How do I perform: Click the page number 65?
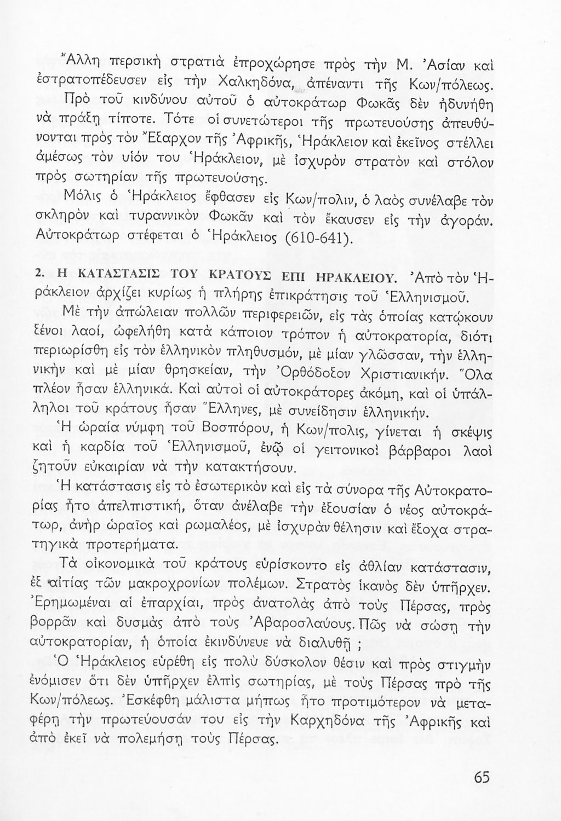tap(482, 778)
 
